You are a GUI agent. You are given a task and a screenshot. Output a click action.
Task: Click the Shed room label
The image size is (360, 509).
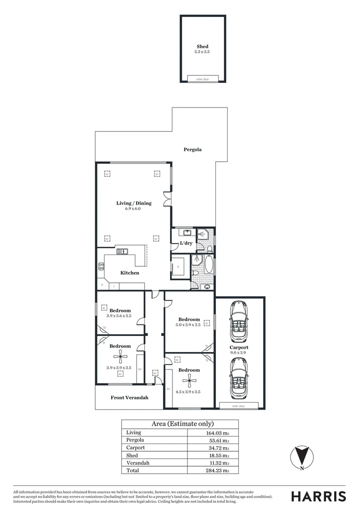pyautogui.click(x=202, y=47)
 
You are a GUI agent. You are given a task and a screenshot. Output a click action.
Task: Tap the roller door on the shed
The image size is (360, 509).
pyautogui.click(x=202, y=79)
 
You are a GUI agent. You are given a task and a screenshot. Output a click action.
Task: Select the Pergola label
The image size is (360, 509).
pyautogui.click(x=192, y=149)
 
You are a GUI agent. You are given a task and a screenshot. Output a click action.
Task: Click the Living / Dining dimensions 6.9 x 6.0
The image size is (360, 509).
pyautogui.click(x=134, y=208)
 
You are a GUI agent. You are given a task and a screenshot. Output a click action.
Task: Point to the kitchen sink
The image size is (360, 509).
pyautogui.click(x=122, y=251)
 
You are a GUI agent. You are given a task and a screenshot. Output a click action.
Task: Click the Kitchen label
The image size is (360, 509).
pyautogui.click(x=130, y=273)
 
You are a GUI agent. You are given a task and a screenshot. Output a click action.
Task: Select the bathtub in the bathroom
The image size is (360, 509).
pyautogui.click(x=209, y=266)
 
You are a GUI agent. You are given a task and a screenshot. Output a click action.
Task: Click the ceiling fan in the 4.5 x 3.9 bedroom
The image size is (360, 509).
pyautogui.click(x=191, y=382)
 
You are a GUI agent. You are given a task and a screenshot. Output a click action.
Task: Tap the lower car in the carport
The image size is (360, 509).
pyautogui.click(x=239, y=377)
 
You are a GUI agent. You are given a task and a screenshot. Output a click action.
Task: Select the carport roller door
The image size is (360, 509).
pyautogui.click(x=239, y=405)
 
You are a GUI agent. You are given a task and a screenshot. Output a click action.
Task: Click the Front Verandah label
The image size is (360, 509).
pyautogui.click(x=130, y=398)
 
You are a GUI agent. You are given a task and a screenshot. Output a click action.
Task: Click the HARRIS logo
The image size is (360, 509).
pyautogui.click(x=318, y=496)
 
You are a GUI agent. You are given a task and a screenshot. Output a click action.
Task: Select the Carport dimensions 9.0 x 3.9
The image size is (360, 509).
pyautogui.click(x=240, y=353)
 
